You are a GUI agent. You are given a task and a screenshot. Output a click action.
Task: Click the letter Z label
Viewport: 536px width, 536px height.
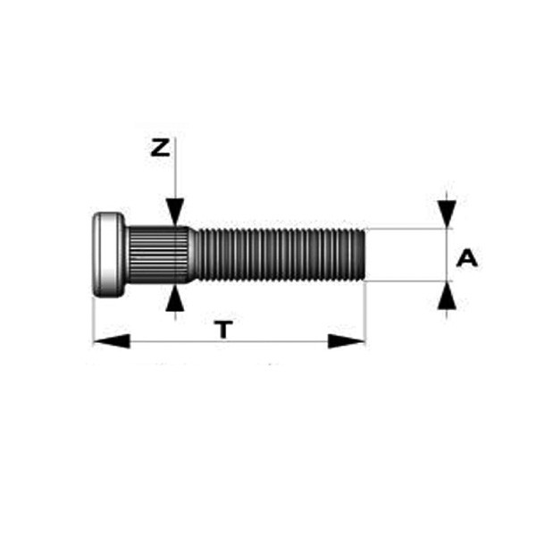point(160,148)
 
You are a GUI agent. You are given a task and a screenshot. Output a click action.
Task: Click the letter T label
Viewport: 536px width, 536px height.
point(223,329)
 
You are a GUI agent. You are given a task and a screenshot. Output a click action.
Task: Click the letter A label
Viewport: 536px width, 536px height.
point(467,258)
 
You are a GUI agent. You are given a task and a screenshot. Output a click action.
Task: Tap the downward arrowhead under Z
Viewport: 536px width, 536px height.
point(175,212)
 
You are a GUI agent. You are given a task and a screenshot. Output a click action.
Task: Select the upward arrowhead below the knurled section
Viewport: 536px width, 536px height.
point(175,299)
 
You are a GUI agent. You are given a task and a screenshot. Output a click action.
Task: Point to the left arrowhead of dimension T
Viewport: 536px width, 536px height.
point(112,341)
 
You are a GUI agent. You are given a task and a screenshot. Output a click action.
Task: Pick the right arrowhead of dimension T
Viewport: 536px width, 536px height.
point(347,341)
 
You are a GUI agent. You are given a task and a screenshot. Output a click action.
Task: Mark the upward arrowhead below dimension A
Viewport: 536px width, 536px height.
point(447,296)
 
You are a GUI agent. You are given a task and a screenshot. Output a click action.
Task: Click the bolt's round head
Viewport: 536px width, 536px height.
point(109,255)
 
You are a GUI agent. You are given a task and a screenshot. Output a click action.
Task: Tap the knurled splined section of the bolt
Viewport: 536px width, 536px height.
point(159,255)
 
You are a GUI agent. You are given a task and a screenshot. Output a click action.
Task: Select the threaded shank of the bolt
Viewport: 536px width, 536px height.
point(281,255)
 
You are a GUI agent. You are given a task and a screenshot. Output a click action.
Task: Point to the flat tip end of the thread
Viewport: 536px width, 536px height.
point(364,255)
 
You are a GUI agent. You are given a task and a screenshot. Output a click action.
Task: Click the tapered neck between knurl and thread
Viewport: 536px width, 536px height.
point(194,255)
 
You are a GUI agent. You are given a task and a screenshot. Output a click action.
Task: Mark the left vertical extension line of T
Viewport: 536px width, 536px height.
point(93,322)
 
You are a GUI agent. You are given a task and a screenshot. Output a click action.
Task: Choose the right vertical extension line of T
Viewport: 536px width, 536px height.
point(365,314)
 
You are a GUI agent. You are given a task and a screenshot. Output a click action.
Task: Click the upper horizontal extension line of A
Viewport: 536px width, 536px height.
point(409,229)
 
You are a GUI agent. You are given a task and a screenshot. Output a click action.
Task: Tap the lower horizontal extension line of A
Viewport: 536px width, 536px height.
point(409,281)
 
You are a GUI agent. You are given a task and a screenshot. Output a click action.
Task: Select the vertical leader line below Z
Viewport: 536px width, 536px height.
point(175,168)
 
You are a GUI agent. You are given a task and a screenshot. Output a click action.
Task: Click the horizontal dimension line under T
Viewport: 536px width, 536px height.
point(229,341)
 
